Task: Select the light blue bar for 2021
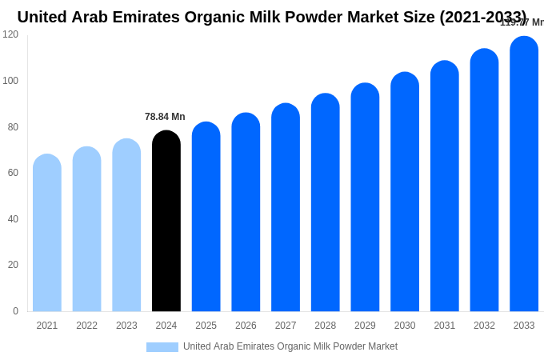click(x=47, y=233)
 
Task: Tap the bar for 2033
click(x=524, y=174)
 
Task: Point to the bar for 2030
click(x=405, y=192)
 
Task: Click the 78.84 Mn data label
click(x=165, y=117)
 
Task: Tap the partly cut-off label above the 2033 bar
click(x=522, y=22)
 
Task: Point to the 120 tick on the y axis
click(x=10, y=34)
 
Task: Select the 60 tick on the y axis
click(x=13, y=173)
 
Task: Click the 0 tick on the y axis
click(x=15, y=311)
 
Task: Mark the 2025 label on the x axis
click(x=206, y=326)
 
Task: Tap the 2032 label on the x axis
click(x=484, y=326)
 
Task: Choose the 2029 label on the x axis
click(x=365, y=326)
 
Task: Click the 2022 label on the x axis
click(x=86, y=326)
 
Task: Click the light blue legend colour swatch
click(x=162, y=347)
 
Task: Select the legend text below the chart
click(x=290, y=346)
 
